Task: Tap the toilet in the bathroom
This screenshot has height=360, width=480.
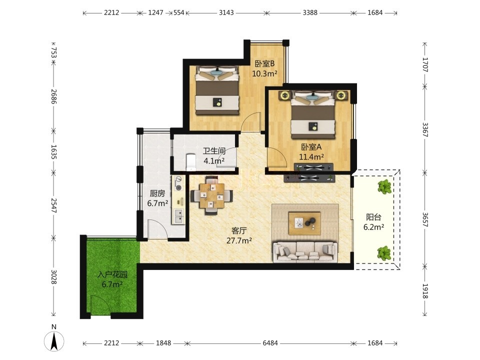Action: (x=191, y=162)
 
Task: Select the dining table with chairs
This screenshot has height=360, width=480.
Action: (x=211, y=195)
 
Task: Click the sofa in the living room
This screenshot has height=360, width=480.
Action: (x=305, y=252)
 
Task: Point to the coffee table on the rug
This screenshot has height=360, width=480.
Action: (x=304, y=223)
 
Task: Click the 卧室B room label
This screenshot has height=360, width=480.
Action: (x=264, y=64)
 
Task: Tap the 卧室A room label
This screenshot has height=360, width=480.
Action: (x=311, y=147)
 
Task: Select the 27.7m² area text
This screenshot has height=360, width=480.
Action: (x=239, y=240)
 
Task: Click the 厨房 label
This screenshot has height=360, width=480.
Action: (x=157, y=193)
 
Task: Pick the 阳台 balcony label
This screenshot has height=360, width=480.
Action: (x=373, y=217)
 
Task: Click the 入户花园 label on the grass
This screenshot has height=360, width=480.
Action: (x=112, y=274)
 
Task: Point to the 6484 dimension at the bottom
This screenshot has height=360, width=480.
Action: (x=270, y=343)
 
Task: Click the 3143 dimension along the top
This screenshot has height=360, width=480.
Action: (x=226, y=13)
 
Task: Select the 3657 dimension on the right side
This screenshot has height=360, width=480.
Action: (x=425, y=219)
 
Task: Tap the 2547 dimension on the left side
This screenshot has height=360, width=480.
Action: (x=54, y=205)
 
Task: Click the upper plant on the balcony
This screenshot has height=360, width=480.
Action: (x=384, y=186)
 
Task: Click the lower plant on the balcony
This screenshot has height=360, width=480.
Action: (x=384, y=253)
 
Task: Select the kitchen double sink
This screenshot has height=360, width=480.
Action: (x=178, y=216)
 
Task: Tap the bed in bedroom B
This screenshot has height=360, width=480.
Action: (x=217, y=90)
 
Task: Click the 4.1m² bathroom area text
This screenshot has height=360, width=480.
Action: (x=214, y=160)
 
